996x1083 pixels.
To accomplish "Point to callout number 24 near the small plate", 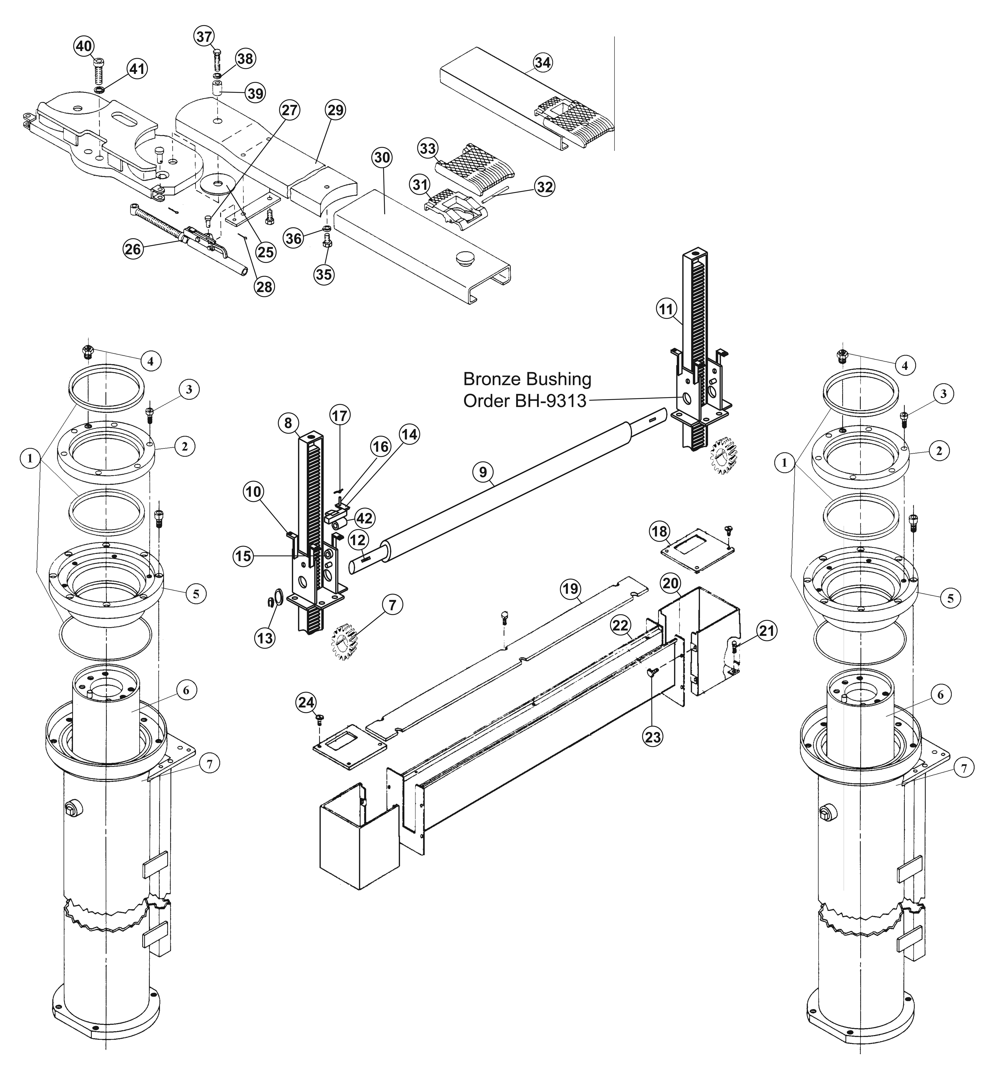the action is (x=306, y=702).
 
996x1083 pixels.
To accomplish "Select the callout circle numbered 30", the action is (x=383, y=158).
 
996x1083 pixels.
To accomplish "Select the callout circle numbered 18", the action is (x=659, y=532).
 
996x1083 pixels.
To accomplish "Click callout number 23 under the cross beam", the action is (x=653, y=737).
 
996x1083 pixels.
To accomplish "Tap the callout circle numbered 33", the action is (x=428, y=148).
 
